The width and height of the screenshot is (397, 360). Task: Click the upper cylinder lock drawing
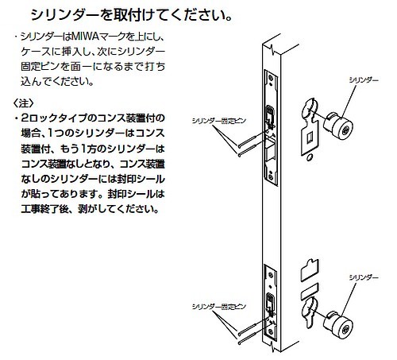click(339, 126)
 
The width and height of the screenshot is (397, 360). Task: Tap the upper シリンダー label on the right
click(364, 80)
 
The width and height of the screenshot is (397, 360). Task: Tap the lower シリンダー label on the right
click(364, 277)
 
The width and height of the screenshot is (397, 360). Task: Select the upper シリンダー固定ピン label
click(219, 121)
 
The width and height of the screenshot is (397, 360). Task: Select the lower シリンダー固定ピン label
click(219, 307)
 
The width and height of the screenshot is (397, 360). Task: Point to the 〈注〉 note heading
click(24, 103)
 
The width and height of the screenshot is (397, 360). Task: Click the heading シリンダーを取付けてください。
click(132, 15)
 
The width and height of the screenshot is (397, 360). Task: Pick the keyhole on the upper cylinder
click(345, 130)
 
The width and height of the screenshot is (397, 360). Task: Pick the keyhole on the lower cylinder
click(345, 330)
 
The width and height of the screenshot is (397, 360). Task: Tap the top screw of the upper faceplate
click(270, 78)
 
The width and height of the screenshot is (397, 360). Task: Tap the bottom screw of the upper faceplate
click(271, 176)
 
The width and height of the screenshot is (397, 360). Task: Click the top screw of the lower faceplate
click(270, 276)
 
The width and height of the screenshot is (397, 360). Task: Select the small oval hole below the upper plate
click(309, 158)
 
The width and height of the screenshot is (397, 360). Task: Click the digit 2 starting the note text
click(25, 118)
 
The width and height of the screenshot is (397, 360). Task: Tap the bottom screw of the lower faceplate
click(271, 331)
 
